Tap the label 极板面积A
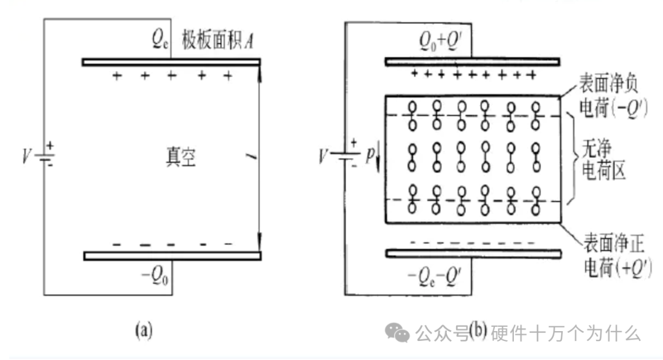pyautogui.click(x=217, y=42)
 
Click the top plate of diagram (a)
pyautogui.click(x=171, y=61)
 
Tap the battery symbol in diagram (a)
pyautogui.click(x=44, y=157)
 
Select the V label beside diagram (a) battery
pyautogui.click(x=26, y=157)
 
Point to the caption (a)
pyautogui.click(x=142, y=332)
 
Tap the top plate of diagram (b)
pyautogui.click(x=471, y=61)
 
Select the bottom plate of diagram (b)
pyautogui.click(x=471, y=253)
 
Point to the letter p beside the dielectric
pyautogui.click(x=370, y=157)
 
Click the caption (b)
pyautogui.click(x=478, y=332)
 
